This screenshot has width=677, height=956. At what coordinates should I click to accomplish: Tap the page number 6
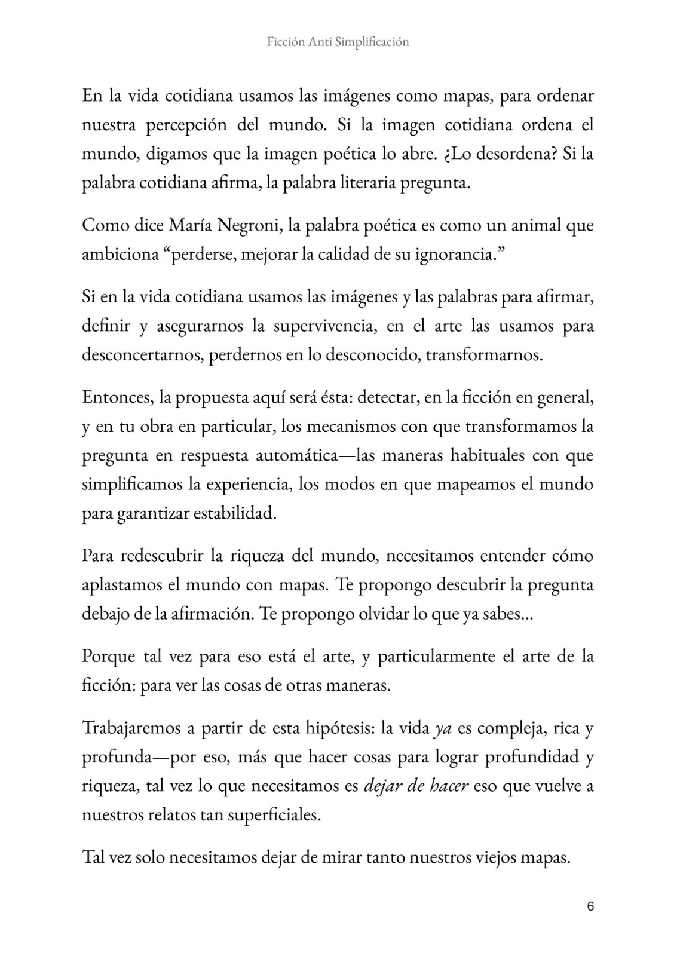[x=590, y=906]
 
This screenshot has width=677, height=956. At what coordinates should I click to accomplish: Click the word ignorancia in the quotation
[x=449, y=255]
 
